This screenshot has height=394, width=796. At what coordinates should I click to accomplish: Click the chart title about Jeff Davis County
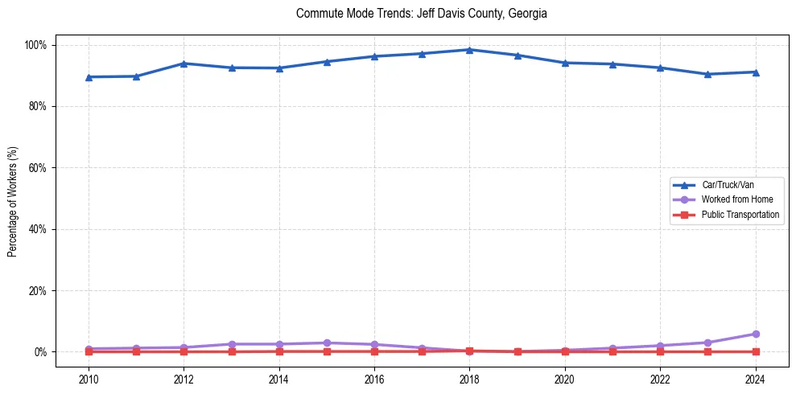pyautogui.click(x=421, y=14)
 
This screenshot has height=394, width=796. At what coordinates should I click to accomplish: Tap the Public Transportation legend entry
pyautogui.click(x=740, y=215)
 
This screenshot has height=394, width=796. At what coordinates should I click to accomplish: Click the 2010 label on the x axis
pyautogui.click(x=89, y=380)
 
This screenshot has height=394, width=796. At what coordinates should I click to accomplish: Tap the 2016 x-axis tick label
pyautogui.click(x=374, y=380)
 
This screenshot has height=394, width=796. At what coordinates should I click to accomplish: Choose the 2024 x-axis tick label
pyautogui.click(x=755, y=380)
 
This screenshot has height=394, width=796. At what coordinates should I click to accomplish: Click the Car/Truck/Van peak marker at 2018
pyautogui.click(x=469, y=50)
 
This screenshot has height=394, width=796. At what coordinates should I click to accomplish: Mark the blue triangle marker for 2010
pyautogui.click(x=89, y=77)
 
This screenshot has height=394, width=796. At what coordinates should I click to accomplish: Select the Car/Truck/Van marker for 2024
pyautogui.click(x=755, y=72)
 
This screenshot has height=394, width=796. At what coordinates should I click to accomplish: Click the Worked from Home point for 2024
pyautogui.click(x=755, y=334)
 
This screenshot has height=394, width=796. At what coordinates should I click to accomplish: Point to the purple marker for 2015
pyautogui.click(x=327, y=343)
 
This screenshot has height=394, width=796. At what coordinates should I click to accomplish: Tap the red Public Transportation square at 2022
pyautogui.click(x=660, y=351)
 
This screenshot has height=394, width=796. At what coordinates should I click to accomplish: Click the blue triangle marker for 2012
pyautogui.click(x=184, y=64)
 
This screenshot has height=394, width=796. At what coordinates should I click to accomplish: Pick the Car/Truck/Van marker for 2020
pyautogui.click(x=565, y=63)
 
